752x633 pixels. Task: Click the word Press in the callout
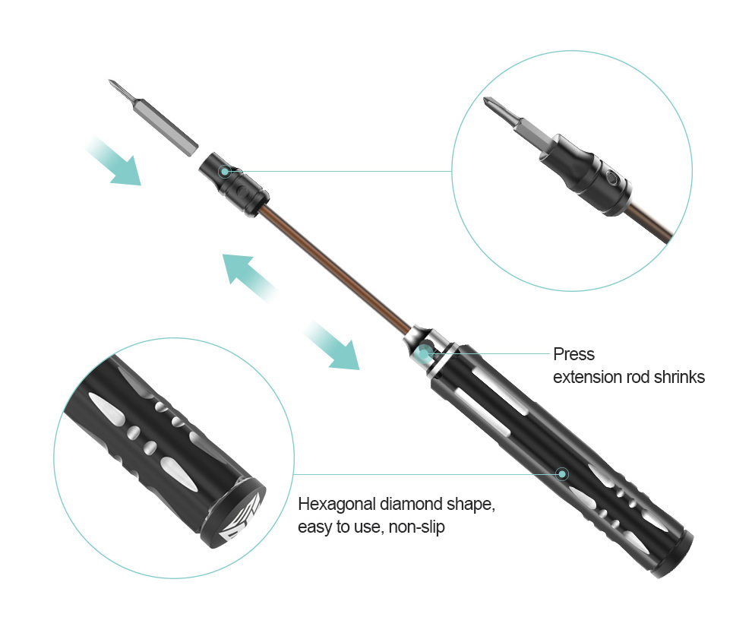pos(573,354)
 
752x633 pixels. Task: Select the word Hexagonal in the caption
pos(337,505)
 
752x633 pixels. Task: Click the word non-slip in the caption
pos(416,527)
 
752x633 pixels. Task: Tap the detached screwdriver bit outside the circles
pos(153,118)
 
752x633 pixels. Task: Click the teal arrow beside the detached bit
pos(114,161)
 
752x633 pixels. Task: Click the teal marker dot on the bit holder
pos(224,171)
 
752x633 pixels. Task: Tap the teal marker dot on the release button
pos(424,353)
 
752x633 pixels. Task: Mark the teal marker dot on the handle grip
pos(562,474)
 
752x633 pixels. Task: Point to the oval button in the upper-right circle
pos(612,178)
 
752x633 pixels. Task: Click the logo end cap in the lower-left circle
pos(233,514)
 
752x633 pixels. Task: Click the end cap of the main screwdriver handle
pos(672,555)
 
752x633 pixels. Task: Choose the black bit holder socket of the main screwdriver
pos(234,185)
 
